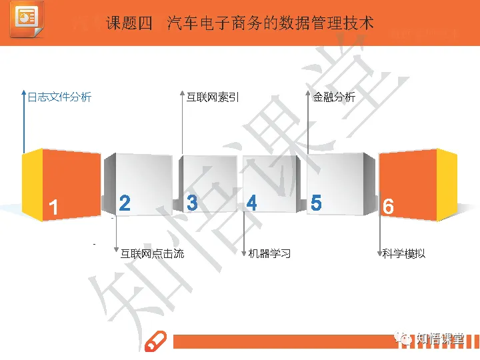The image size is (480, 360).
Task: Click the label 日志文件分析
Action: (59, 97)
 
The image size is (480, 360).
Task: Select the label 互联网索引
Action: (212, 97)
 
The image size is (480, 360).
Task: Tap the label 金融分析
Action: (334, 97)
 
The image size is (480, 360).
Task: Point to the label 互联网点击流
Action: (152, 253)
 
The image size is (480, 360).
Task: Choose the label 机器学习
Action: (269, 253)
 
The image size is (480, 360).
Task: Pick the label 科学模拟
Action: (404, 253)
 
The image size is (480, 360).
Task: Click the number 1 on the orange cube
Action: (53, 207)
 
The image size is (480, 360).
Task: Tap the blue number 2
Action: (125, 203)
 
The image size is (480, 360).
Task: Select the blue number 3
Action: (192, 203)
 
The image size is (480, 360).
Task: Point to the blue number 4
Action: (251, 203)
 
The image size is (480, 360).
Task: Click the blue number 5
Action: (316, 203)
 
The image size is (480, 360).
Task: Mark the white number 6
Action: (388, 207)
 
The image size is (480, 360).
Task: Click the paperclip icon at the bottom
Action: (155, 341)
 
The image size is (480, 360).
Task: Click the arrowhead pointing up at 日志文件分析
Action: (24, 93)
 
